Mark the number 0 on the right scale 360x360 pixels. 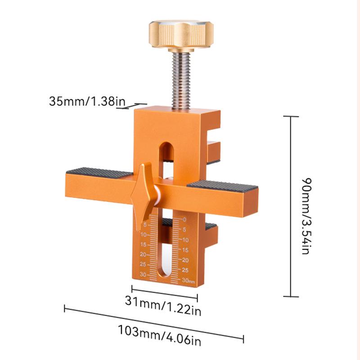click(x=184, y=220)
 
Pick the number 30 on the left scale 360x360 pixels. click(x=143, y=274)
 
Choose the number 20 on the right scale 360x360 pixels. click(x=185, y=260)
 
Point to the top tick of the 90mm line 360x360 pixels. click(x=291, y=117)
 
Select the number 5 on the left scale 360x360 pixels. click(x=145, y=225)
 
